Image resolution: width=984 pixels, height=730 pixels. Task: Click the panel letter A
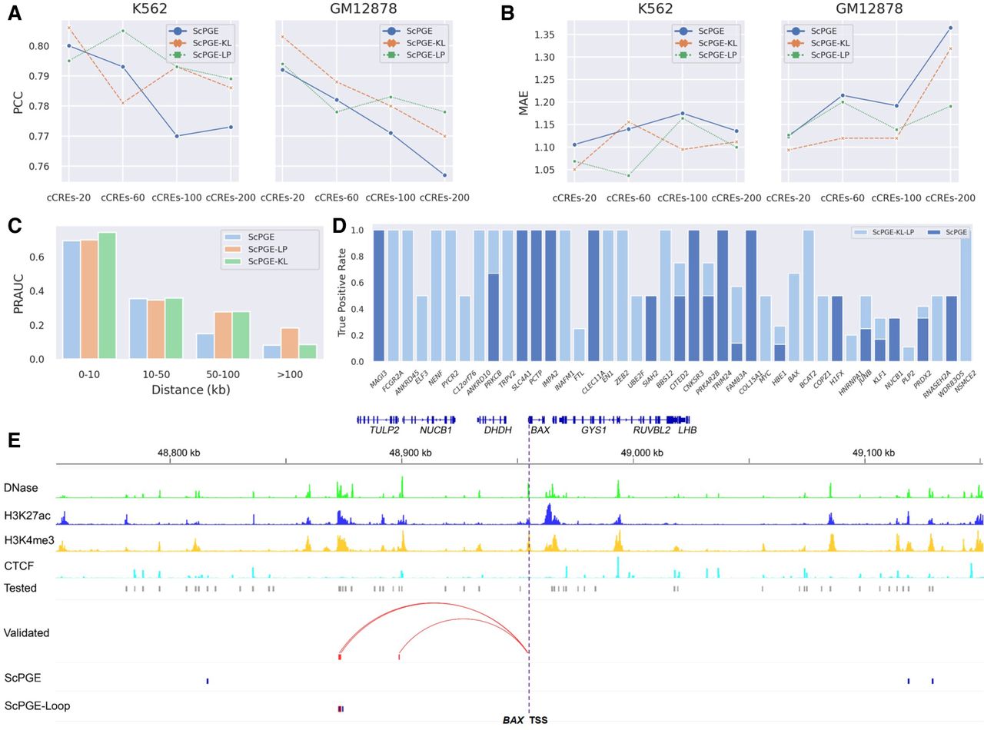tap(15, 13)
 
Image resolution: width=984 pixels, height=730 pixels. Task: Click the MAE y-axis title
tap(524, 104)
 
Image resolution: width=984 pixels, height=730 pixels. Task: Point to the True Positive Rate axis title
tap(343, 295)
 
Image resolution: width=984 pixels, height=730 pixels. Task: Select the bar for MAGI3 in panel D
tap(378, 296)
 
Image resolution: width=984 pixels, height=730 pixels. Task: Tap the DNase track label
tap(21, 487)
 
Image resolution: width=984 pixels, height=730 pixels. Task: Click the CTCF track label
tap(18, 566)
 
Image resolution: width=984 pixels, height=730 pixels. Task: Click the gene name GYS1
tap(593, 431)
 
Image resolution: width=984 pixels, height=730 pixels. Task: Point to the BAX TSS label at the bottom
tap(525, 720)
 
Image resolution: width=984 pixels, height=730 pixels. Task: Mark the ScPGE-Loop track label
tap(38, 705)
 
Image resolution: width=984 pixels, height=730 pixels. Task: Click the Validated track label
tap(26, 633)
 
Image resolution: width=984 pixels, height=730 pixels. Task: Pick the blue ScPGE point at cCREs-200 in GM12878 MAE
tap(950, 28)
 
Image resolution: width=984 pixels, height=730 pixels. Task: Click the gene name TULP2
tap(384, 431)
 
